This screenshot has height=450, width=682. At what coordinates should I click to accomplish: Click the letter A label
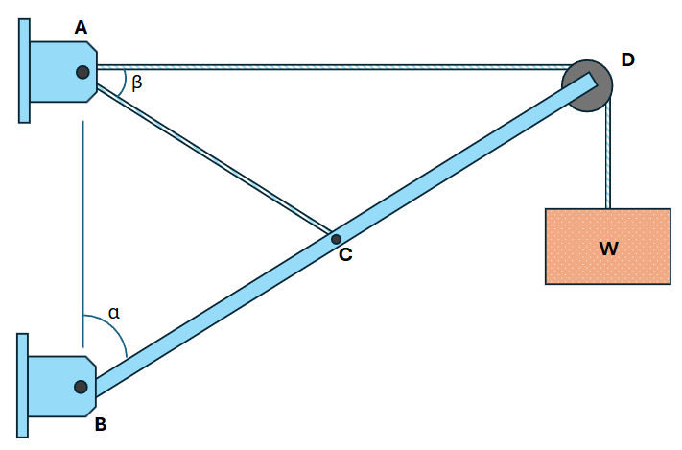(81, 28)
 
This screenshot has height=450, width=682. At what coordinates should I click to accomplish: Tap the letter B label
(101, 424)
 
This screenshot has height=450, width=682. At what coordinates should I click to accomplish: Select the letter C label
(345, 254)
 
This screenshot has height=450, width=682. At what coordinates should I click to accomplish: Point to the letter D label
(627, 59)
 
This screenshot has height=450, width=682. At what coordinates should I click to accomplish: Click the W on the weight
(608, 249)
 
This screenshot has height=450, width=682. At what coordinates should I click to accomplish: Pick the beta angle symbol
(137, 82)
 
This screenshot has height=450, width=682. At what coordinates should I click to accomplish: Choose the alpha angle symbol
(114, 313)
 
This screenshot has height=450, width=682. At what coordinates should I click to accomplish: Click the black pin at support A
(82, 72)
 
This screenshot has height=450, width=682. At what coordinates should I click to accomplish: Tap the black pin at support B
(81, 387)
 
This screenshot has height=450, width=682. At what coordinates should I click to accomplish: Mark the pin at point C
(336, 239)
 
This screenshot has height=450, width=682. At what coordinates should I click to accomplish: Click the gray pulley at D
(587, 85)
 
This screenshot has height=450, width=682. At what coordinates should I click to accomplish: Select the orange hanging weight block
(607, 247)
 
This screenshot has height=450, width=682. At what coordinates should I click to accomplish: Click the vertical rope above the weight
(607, 154)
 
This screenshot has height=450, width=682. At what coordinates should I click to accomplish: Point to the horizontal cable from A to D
(333, 67)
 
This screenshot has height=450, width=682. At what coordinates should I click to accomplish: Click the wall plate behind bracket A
(24, 71)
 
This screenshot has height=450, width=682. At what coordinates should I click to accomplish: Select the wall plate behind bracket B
(23, 385)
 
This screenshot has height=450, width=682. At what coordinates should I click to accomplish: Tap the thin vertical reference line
(83, 234)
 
